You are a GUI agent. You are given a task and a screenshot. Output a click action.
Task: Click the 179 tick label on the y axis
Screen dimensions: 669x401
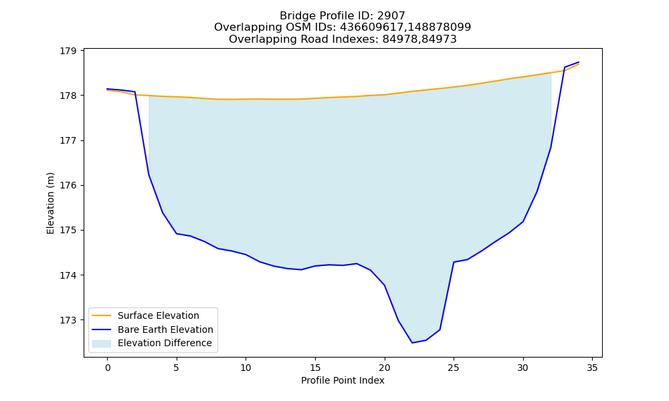click(x=68, y=51)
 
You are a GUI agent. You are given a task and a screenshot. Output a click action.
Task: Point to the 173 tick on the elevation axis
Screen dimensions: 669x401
click(x=68, y=320)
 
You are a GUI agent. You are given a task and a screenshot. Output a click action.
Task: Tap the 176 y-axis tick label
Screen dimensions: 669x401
click(x=68, y=185)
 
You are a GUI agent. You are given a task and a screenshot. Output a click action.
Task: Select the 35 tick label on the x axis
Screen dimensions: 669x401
click(x=592, y=368)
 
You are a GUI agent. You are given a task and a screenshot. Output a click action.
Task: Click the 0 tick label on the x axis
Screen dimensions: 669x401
click(x=107, y=368)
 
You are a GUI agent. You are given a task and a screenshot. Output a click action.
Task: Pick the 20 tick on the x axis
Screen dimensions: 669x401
click(x=385, y=368)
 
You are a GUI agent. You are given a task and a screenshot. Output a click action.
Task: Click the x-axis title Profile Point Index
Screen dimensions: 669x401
click(x=343, y=380)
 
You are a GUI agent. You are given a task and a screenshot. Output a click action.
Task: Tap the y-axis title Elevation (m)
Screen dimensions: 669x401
click(x=50, y=203)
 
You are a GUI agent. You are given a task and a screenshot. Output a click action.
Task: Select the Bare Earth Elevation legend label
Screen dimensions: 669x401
click(x=165, y=329)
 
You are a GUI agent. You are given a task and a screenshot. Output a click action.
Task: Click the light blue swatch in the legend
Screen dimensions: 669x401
click(x=102, y=344)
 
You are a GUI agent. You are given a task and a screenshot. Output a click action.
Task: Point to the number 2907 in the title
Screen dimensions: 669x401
click(x=391, y=16)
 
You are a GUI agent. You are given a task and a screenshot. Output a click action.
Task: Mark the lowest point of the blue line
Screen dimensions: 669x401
click(x=412, y=343)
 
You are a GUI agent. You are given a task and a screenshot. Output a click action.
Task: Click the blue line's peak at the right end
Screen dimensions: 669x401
click(x=579, y=62)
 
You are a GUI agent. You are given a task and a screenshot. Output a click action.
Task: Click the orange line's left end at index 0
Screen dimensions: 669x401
click(x=107, y=90)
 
